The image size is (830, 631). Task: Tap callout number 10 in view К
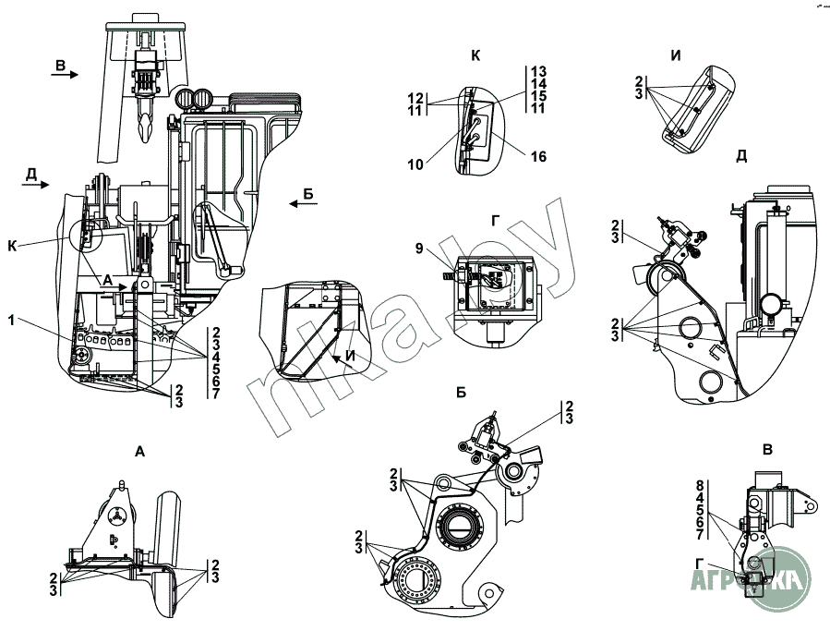(x=417, y=164)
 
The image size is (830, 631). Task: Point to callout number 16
(x=538, y=157)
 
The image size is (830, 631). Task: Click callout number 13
(x=539, y=71)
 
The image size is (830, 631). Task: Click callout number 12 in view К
(x=415, y=97)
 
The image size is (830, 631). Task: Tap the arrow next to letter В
(x=65, y=77)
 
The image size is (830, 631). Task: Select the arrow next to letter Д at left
(x=34, y=184)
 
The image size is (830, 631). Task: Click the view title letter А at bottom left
(x=139, y=452)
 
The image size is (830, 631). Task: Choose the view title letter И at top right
(x=676, y=56)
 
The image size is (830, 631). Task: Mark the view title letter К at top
(x=475, y=56)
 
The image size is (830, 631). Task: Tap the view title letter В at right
(x=767, y=451)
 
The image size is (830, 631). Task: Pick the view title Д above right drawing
(x=740, y=155)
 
